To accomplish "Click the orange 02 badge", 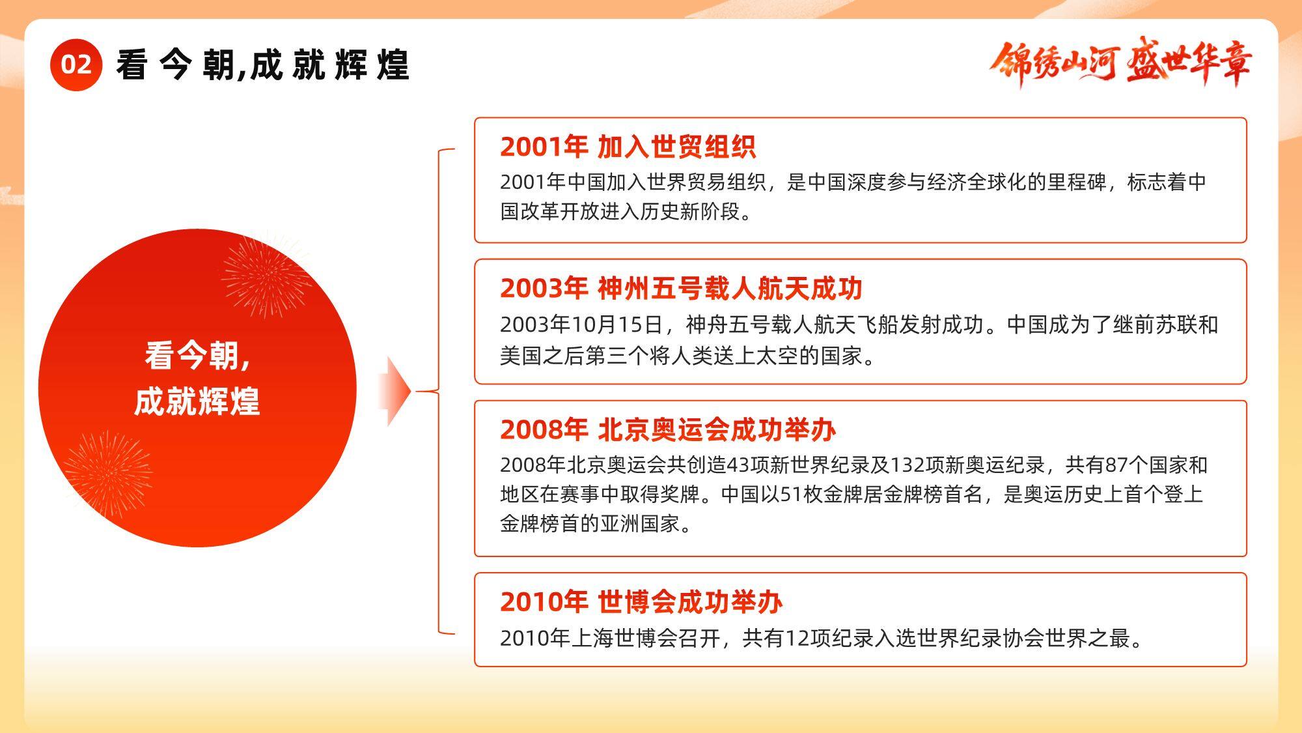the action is tap(76, 65).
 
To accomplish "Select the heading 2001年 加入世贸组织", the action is tap(628, 147).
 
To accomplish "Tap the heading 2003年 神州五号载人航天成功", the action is tap(681, 288).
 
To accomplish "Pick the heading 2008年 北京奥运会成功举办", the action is tap(668, 429).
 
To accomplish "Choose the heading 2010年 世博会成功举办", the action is tap(641, 601).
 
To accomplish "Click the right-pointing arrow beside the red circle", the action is tap(395, 391).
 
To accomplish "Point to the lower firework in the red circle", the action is tap(107, 474).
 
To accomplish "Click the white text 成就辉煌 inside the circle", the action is tap(197, 401).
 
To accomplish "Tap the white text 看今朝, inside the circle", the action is tap(197, 356).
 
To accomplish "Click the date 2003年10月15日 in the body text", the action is tap(581, 324).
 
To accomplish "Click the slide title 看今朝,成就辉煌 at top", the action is tap(263, 65).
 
